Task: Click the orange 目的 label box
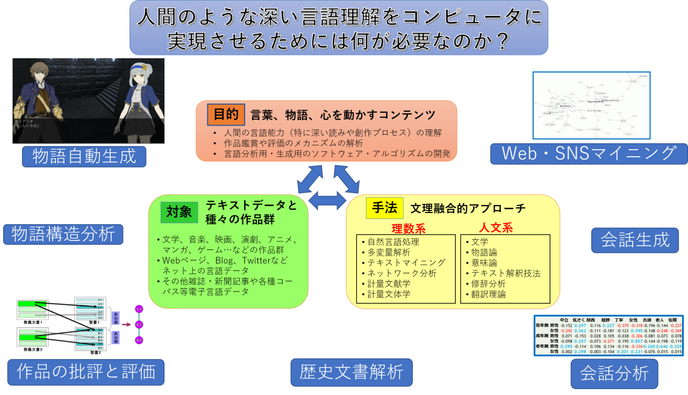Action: pyautogui.click(x=226, y=115)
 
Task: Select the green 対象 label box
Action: pyautogui.click(x=179, y=212)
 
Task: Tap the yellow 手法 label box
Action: pyautogui.click(x=384, y=208)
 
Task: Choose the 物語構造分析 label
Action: pyautogui.click(x=63, y=234)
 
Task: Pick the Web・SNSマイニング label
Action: pyautogui.click(x=589, y=153)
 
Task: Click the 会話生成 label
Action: pyautogui.click(x=635, y=240)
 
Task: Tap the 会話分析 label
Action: pyautogui.click(x=614, y=372)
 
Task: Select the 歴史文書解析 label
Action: pyautogui.click(x=352, y=372)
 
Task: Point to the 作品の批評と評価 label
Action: pyautogui.click(x=85, y=372)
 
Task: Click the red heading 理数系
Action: pyautogui.click(x=408, y=228)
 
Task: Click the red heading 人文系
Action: pyautogui.click(x=496, y=228)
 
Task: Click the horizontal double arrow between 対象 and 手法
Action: pyautogui.click(x=327, y=201)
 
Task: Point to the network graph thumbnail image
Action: pyautogui.click(x=591, y=105)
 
